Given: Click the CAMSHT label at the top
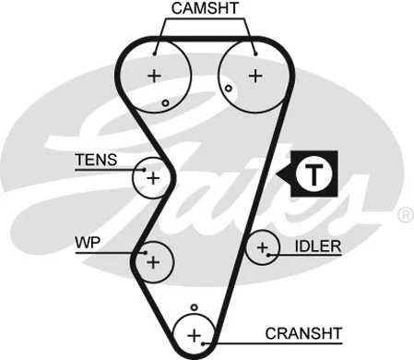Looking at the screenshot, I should [204, 8].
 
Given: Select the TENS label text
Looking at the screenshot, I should [97, 160].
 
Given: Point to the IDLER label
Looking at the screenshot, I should [318, 246].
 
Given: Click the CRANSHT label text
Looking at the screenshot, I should [303, 332].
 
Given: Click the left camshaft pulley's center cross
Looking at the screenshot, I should [154, 74].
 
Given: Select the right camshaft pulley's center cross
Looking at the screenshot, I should [254, 74].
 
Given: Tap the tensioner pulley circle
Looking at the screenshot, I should [151, 176].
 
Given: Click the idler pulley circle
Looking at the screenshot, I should [263, 247].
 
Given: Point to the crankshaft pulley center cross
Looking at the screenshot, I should [194, 334].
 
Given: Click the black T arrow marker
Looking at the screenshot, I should [313, 172].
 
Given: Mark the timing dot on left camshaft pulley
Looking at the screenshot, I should [165, 102].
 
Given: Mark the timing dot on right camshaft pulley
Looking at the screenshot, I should [227, 87].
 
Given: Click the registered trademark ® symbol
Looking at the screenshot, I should [404, 214].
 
